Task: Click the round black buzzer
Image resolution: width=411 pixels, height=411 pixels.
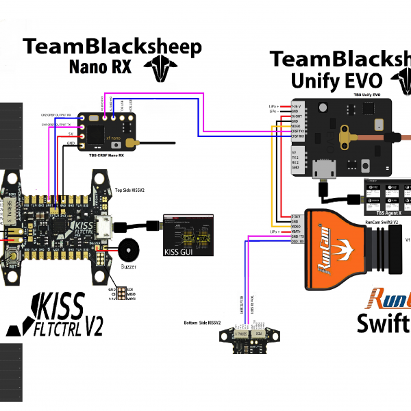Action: tap(128, 249)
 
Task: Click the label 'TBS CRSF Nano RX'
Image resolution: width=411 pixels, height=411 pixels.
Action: tap(106, 155)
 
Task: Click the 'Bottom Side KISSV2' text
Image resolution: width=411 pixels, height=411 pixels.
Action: tap(203, 322)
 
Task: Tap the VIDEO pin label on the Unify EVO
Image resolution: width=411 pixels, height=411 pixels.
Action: tap(295, 125)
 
